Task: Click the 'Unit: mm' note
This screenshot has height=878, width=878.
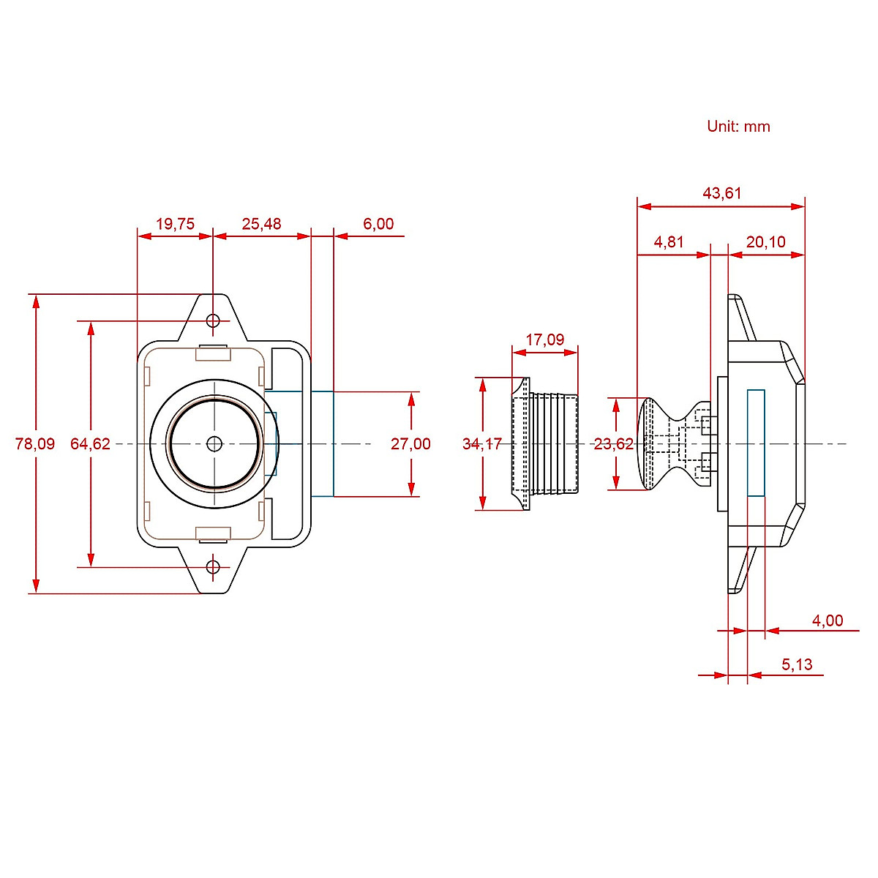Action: pyautogui.click(x=738, y=126)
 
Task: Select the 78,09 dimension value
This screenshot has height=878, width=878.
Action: pyautogui.click(x=34, y=443)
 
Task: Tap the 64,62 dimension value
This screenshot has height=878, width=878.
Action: pyautogui.click(x=90, y=443)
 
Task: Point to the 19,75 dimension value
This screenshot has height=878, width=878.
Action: pyautogui.click(x=175, y=224)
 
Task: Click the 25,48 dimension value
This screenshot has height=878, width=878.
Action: pyautogui.click(x=261, y=224)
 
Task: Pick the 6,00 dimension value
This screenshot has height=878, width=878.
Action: pyautogui.click(x=378, y=224)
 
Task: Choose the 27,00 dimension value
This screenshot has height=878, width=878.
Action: pyautogui.click(x=410, y=443)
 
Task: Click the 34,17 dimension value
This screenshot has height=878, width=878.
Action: pyautogui.click(x=482, y=443)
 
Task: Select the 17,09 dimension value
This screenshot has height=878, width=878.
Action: pyautogui.click(x=545, y=339)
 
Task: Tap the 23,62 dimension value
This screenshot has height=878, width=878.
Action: pyautogui.click(x=613, y=443)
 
